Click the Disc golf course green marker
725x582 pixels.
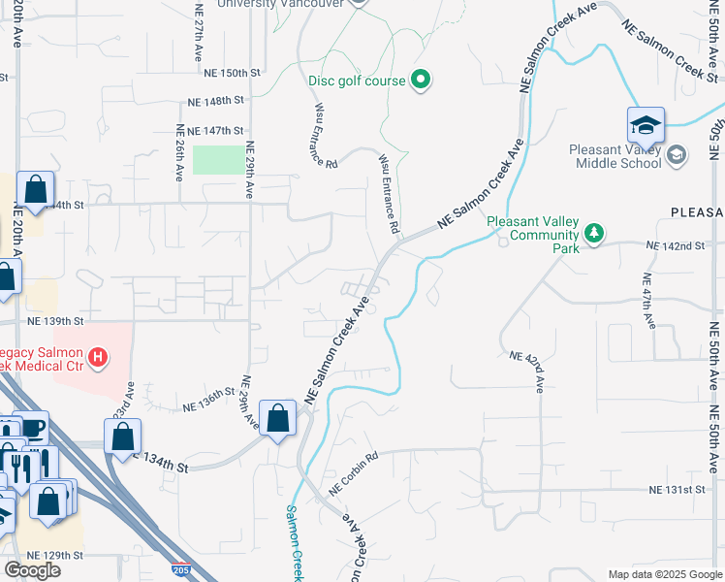(x=421, y=80)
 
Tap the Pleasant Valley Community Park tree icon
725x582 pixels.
(x=595, y=234)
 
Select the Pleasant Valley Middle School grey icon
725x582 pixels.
(x=676, y=155)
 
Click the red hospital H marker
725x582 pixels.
(x=97, y=358)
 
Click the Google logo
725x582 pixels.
(x=32, y=570)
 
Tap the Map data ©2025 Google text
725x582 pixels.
(x=665, y=574)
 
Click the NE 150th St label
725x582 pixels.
(x=233, y=73)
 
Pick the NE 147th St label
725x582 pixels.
(x=209, y=130)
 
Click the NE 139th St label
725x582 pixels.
(x=55, y=321)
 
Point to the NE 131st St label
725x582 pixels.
(x=677, y=490)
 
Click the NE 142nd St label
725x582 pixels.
(x=675, y=246)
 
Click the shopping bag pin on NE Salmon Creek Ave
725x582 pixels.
(x=278, y=419)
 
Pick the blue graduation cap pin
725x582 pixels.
(x=646, y=126)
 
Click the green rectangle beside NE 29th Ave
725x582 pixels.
(x=219, y=160)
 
